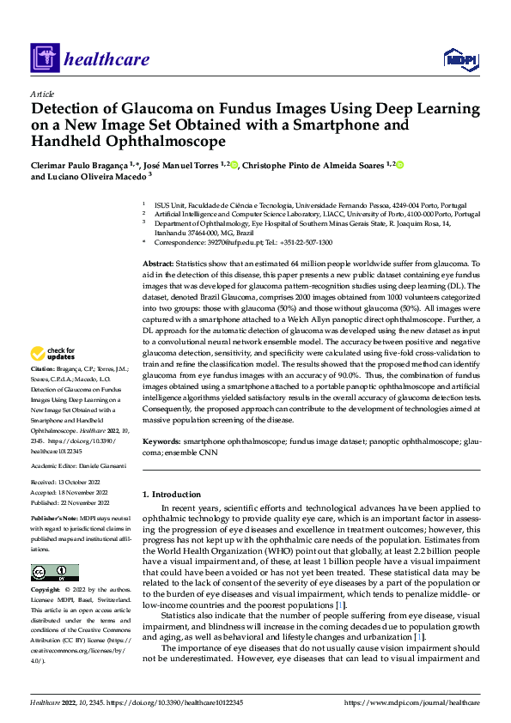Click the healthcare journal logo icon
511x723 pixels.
pos(43,59)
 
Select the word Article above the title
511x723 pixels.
pos(42,94)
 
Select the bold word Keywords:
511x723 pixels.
pos(161,440)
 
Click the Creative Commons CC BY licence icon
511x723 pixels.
pos(54,573)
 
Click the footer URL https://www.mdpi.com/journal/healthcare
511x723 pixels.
pos(411,703)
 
